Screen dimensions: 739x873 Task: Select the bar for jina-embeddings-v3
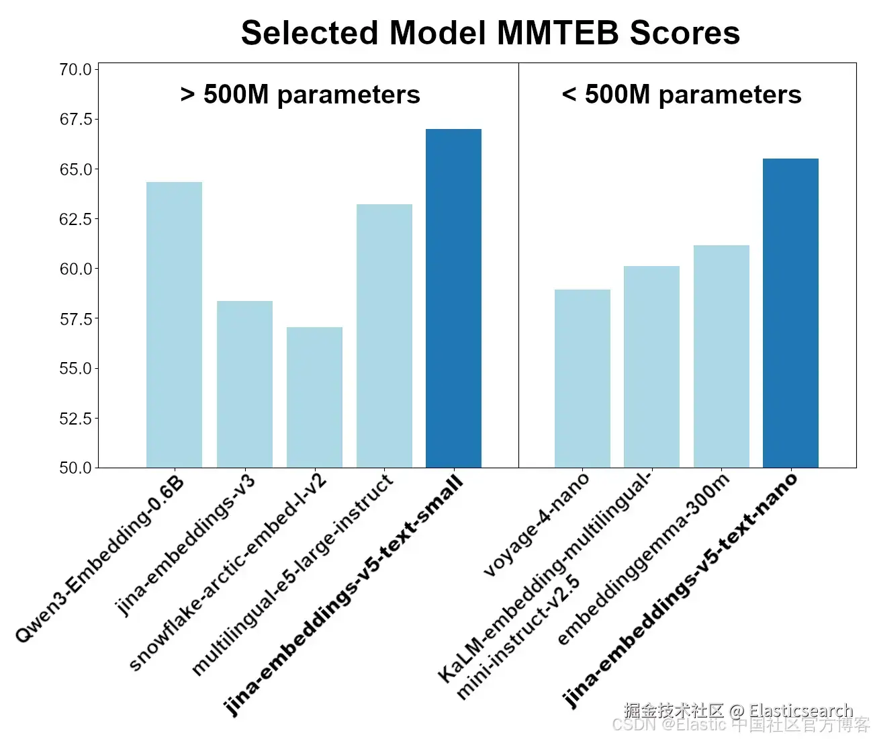click(x=244, y=384)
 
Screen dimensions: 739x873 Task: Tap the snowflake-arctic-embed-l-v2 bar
click(x=314, y=397)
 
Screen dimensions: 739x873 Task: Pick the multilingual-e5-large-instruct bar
click(x=384, y=336)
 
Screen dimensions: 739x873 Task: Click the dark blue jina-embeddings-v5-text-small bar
click(x=453, y=298)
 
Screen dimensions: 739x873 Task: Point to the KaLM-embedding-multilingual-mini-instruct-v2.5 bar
click(x=651, y=367)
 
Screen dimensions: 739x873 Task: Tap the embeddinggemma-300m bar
click(x=721, y=356)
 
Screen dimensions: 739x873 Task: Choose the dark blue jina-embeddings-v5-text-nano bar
click(x=790, y=313)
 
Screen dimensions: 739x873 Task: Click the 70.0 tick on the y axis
click(x=75, y=70)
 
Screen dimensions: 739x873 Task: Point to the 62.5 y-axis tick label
click(x=75, y=219)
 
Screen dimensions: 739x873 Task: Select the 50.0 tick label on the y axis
click(x=75, y=468)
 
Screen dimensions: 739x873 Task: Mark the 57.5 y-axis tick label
click(x=75, y=319)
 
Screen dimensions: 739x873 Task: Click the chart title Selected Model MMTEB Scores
click(x=490, y=33)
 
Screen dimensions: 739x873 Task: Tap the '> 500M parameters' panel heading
click(x=300, y=95)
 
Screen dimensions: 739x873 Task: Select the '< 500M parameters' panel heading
click(x=682, y=95)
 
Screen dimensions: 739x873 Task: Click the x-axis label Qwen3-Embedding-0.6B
click(x=101, y=559)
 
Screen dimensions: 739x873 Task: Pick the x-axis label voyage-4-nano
click(x=537, y=524)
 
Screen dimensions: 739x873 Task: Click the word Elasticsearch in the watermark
click(x=800, y=710)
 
